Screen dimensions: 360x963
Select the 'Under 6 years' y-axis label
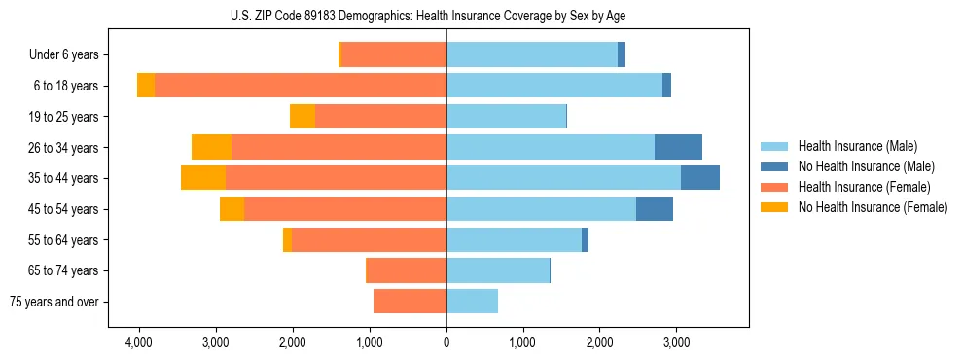pos(71,55)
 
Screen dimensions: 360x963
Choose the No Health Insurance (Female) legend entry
pos(873,207)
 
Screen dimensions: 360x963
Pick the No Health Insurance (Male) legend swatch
pos(775,167)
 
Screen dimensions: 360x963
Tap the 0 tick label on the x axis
pos(446,343)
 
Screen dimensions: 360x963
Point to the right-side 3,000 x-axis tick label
pos(677,343)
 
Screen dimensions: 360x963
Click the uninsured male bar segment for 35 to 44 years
pos(700,178)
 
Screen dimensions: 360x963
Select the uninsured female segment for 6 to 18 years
pos(146,86)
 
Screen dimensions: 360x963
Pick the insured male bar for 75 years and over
pos(472,302)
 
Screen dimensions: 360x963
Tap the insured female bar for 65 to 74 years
pos(406,270)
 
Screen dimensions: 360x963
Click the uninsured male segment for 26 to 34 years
pos(678,148)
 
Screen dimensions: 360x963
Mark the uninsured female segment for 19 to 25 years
pos(303,117)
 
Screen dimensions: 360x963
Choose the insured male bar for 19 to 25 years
pos(506,117)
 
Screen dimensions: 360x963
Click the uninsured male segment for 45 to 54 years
pos(655,209)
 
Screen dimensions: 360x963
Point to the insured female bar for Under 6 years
pos(394,55)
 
